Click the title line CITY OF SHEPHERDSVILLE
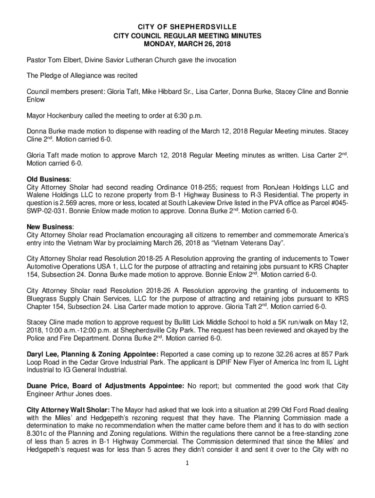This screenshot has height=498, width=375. click(187, 27)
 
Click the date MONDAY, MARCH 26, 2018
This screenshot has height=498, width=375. click(187, 44)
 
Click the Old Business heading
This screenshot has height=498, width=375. click(48, 179)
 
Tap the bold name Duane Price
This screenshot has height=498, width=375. click(46, 386)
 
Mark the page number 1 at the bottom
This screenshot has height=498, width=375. click(187, 463)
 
